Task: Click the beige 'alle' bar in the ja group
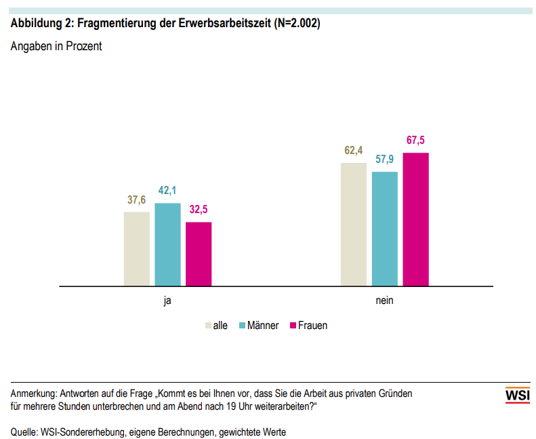point(137,248)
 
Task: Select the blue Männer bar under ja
point(167,244)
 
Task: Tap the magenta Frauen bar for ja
point(199,254)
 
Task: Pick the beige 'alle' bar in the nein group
point(353,224)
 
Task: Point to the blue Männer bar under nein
point(384,229)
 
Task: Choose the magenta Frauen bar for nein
point(416,219)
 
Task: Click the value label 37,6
point(137,201)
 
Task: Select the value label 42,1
point(167,191)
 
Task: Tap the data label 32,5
point(199,210)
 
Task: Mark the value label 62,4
point(353,151)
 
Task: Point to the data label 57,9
point(384,160)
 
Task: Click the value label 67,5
point(416,141)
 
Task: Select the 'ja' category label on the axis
point(167,300)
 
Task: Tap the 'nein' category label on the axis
point(384,300)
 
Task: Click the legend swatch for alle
point(208,326)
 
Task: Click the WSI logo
point(518,396)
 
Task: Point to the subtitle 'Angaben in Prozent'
point(56,47)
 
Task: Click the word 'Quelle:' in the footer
point(24,432)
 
